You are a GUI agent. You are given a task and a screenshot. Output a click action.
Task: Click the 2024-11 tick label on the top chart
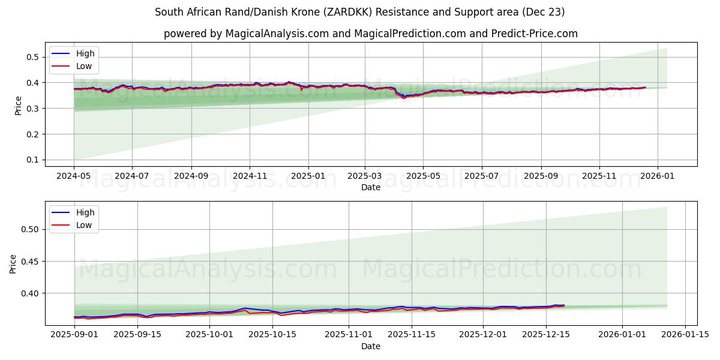[250, 176]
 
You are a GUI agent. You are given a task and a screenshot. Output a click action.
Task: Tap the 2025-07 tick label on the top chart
[482, 176]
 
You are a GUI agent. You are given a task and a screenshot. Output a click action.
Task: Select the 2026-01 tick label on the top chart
[658, 176]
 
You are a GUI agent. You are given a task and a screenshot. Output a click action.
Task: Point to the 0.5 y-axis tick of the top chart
[33, 57]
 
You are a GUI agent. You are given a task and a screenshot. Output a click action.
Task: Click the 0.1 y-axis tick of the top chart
[33, 160]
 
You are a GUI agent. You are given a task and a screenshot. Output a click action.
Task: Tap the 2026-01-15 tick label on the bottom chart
[684, 335]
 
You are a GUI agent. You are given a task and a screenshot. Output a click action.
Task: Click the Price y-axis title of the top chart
[18, 105]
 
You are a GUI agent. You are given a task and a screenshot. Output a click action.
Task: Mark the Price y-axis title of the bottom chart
[13, 263]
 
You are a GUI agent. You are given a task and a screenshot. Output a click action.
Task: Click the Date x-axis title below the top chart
[370, 187]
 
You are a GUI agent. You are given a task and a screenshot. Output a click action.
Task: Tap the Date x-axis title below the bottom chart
[370, 346]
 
